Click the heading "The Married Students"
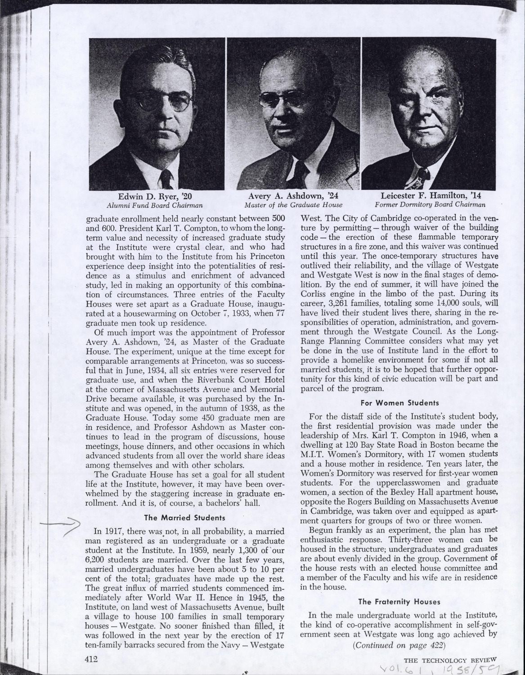(x=184, y=517)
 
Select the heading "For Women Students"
(x=400, y=403)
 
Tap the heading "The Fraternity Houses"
(x=399, y=601)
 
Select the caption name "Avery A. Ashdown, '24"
(x=293, y=196)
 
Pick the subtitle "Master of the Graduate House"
(x=293, y=205)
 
